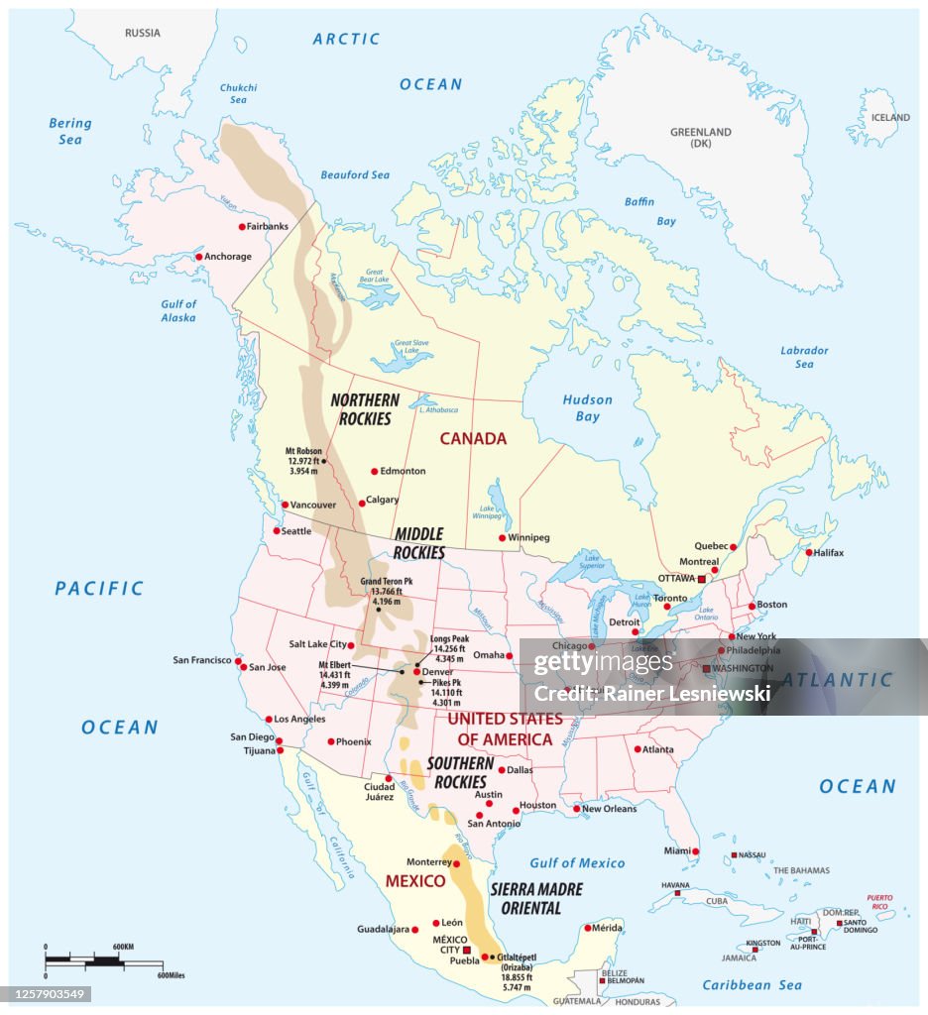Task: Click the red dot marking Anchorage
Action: [x=198, y=257]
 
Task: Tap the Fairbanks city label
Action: [x=268, y=226]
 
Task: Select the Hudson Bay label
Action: [x=587, y=408]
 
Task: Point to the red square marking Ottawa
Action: [x=701, y=578]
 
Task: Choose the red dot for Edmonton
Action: [x=374, y=472]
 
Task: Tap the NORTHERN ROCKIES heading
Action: [x=365, y=409]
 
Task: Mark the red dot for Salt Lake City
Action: [x=350, y=644]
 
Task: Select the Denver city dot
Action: [x=416, y=671]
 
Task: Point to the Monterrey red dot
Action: [x=456, y=863]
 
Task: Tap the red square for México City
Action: [x=467, y=949]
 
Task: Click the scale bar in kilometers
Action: [x=89, y=959]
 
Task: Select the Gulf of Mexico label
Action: [x=577, y=863]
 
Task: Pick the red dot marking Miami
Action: [x=696, y=851]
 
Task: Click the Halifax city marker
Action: [x=809, y=552]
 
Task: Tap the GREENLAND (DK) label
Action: [x=700, y=138]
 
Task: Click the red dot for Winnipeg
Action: [x=501, y=537]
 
